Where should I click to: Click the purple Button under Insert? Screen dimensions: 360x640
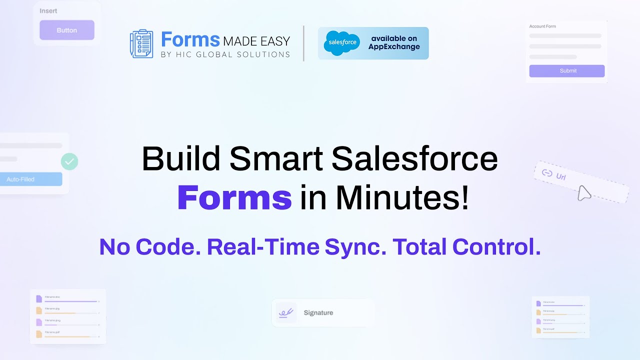[x=67, y=30]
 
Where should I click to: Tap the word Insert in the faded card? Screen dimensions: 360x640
[x=48, y=11]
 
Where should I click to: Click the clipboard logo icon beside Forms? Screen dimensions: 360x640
[x=141, y=44]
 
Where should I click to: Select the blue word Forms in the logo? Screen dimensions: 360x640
[x=190, y=39]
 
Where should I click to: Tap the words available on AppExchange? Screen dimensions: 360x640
[x=394, y=43]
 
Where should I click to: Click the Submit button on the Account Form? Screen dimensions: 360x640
[x=567, y=71]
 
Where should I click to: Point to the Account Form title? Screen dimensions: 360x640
[x=542, y=26]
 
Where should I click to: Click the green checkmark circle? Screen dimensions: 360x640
[x=69, y=161]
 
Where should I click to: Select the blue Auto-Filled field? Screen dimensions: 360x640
[x=31, y=179]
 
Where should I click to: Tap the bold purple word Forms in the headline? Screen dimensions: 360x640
[x=234, y=198]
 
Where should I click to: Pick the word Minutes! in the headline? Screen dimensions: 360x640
[x=402, y=198]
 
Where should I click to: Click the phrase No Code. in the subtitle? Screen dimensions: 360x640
[x=149, y=247]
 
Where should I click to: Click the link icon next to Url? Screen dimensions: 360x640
[x=547, y=173]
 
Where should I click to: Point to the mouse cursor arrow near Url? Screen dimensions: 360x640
[x=584, y=193]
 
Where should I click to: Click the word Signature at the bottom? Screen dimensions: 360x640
[x=318, y=313]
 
